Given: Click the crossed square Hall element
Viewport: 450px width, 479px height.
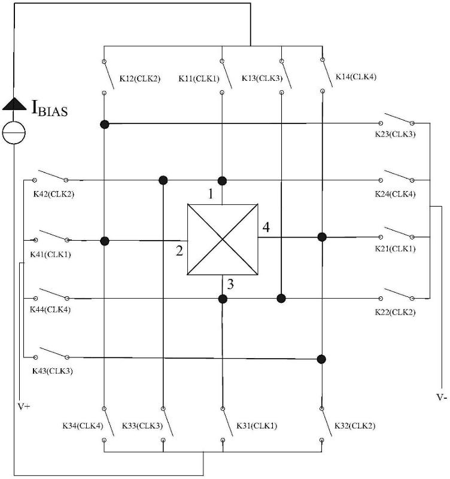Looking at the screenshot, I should [x=223, y=239].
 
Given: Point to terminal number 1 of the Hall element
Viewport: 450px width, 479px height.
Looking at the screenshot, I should [x=210, y=194].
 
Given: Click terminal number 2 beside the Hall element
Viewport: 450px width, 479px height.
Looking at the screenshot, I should [x=179, y=251].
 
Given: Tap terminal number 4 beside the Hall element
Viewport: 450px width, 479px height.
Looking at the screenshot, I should [x=266, y=228].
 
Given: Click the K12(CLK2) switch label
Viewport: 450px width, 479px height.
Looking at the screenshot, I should [x=139, y=78].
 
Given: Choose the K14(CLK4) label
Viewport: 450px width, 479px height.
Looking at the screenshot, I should [x=356, y=77].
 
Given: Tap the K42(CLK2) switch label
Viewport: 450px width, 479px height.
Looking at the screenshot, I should [x=54, y=194].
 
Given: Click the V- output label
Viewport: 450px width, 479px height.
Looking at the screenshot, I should [x=442, y=397].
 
